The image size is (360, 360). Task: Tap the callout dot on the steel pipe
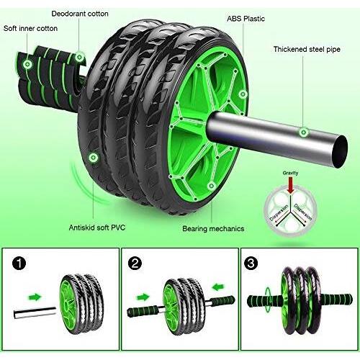click(x=305, y=132)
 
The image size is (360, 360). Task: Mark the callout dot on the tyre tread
click(x=92, y=156)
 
